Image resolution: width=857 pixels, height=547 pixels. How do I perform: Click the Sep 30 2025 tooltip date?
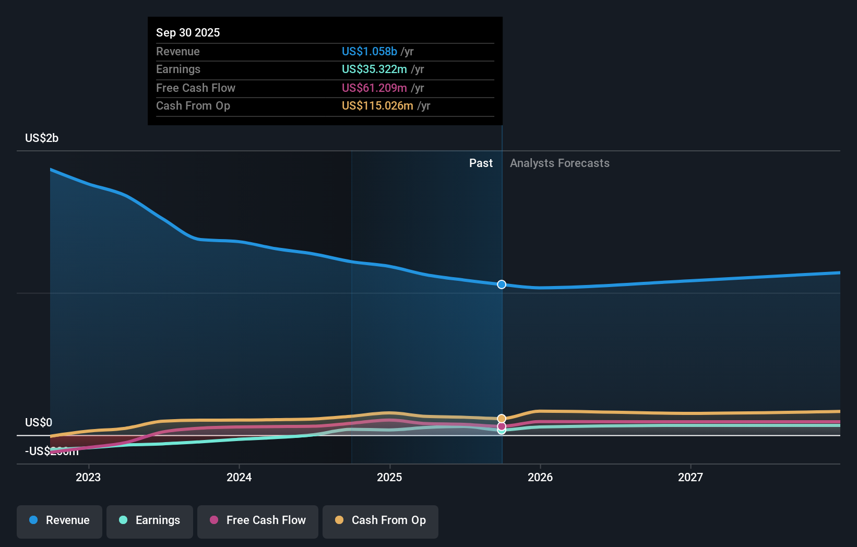[188, 32]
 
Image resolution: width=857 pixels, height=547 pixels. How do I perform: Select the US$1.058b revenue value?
[369, 51]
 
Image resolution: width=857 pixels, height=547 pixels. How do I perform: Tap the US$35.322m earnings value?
[374, 69]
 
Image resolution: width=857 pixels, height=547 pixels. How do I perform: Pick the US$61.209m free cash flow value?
[374, 88]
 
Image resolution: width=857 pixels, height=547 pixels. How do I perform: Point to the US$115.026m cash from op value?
[377, 105]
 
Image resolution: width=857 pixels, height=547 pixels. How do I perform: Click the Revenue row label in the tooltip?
[178, 51]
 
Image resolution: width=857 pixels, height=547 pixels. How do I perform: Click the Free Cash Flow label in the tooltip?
[196, 88]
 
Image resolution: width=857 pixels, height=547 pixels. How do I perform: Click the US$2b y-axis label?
[42, 138]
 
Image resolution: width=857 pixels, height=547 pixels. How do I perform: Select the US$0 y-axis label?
[39, 422]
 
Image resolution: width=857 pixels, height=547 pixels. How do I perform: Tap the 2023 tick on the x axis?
[88, 477]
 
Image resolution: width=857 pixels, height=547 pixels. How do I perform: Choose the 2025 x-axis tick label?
[389, 477]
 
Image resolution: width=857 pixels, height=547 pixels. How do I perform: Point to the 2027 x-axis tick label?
[690, 477]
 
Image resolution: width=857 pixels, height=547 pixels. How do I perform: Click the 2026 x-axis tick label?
[540, 477]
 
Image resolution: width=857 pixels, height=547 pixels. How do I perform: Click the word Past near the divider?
[481, 163]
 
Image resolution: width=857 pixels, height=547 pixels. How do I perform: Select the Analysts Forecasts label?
[560, 163]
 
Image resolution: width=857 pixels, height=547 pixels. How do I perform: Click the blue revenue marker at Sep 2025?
[502, 284]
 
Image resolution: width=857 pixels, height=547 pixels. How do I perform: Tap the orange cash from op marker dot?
[502, 419]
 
